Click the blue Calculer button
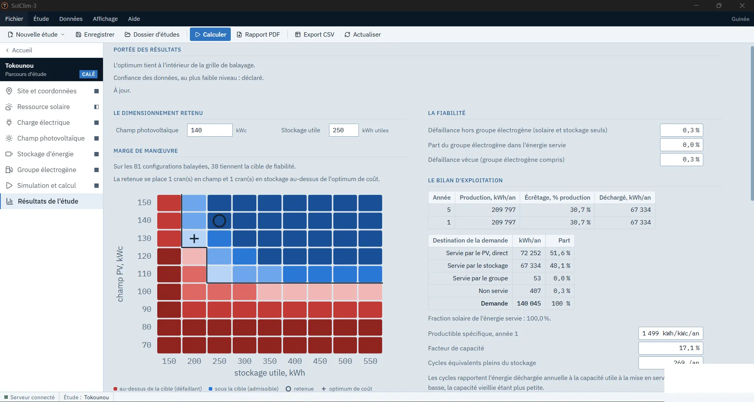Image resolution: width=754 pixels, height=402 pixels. click(210, 35)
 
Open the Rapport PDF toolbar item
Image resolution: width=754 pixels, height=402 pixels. click(258, 35)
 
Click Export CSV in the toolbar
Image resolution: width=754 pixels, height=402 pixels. click(314, 35)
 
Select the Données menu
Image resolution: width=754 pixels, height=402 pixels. click(71, 19)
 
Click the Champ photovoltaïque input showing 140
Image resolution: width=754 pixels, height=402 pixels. click(210, 130)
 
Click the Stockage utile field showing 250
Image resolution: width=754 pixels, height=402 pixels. click(344, 130)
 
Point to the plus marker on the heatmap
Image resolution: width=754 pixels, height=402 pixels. click(194, 239)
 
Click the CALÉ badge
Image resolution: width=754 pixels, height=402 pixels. click(88, 74)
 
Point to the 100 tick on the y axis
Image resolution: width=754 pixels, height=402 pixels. click(144, 292)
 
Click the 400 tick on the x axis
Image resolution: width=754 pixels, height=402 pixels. click(295, 361)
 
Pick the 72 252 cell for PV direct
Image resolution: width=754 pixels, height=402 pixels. click(531, 253)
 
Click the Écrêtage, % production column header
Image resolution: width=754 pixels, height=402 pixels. click(557, 198)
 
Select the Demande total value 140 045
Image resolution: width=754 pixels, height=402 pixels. click(529, 304)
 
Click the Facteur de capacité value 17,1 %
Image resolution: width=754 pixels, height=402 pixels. click(671, 348)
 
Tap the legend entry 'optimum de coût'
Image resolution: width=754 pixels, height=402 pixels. click(347, 389)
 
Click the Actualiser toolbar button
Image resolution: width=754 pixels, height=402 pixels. click(362, 35)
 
